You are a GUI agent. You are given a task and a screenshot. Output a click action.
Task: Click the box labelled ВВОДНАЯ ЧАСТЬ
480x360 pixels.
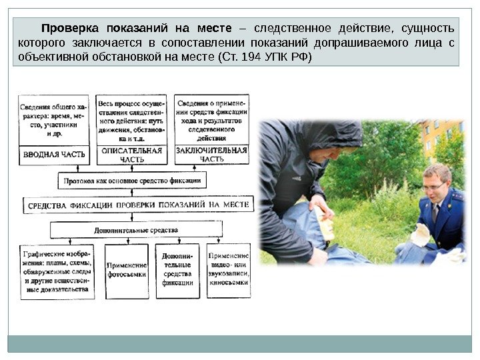tap(55, 155)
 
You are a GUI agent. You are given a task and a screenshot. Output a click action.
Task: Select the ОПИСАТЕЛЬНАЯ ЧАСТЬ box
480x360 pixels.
tap(131, 155)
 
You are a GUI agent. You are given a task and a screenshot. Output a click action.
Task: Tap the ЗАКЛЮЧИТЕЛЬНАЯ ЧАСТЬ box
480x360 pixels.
tap(212, 155)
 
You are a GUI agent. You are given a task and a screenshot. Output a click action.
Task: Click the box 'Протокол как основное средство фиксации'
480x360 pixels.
tap(132, 181)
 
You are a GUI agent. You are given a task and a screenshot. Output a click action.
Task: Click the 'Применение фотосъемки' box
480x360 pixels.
tap(126, 269)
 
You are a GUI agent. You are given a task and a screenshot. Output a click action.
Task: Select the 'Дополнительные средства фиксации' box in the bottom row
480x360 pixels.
tap(177, 269)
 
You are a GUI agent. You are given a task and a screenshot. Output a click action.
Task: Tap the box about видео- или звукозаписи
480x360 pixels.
tap(229, 269)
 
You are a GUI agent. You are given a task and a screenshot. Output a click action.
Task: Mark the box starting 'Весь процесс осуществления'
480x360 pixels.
tap(131, 121)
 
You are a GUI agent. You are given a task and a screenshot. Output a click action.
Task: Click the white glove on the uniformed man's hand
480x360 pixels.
tap(421, 235)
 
